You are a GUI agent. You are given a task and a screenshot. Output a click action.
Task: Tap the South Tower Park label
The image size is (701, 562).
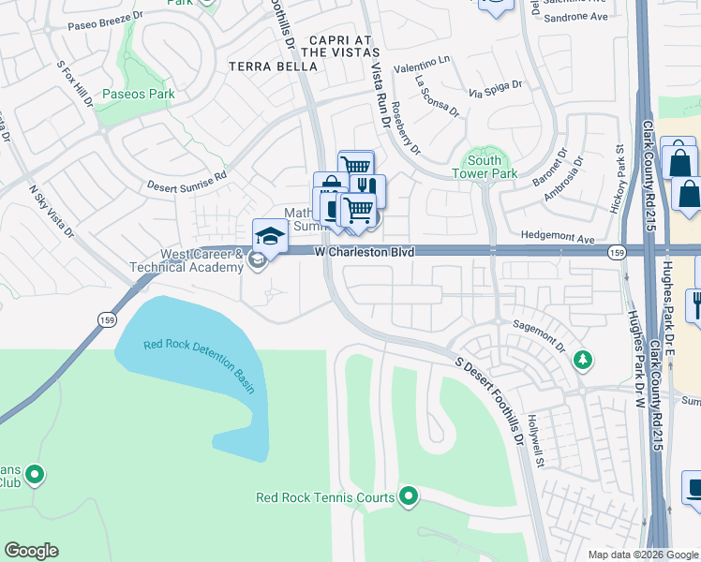click(485, 166)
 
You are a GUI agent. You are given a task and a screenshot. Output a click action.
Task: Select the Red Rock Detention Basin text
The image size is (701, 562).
click(199, 364)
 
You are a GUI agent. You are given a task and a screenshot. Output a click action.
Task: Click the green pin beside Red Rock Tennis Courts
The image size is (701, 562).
click(409, 495)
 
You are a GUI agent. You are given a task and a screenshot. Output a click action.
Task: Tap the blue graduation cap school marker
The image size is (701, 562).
click(269, 235)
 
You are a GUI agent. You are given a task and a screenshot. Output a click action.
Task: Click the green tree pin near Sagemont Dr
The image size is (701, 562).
click(582, 360)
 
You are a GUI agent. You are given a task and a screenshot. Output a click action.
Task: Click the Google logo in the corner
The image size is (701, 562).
click(31, 551)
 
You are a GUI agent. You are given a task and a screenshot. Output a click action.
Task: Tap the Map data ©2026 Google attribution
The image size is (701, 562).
click(643, 555)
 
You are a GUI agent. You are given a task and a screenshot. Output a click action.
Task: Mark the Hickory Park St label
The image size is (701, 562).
click(618, 178)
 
